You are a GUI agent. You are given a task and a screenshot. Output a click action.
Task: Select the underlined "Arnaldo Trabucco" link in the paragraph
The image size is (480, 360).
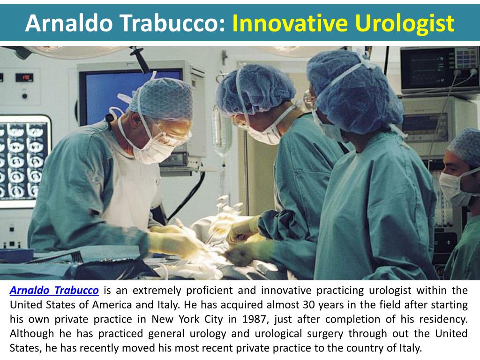[x=54, y=290]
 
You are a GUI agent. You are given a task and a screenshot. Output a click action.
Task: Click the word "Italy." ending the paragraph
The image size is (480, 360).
[x=408, y=348]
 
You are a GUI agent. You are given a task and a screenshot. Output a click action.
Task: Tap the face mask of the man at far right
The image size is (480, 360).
[x=452, y=187]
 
